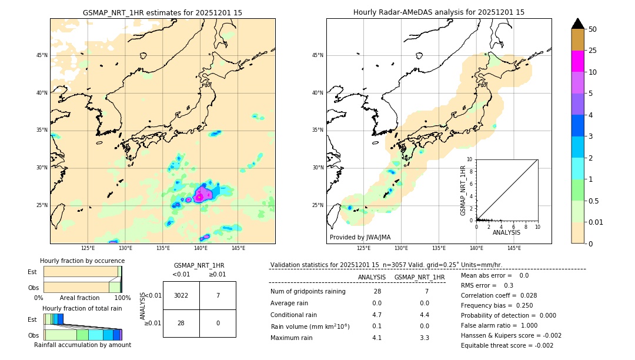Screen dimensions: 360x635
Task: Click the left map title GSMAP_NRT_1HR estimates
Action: (x=162, y=12)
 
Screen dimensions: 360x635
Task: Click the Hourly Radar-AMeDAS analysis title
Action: (x=439, y=12)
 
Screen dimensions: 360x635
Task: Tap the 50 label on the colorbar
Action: (x=593, y=29)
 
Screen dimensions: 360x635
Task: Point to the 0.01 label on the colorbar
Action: (x=595, y=222)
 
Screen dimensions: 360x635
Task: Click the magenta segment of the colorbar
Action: (x=577, y=61)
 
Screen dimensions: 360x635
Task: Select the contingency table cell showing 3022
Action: (x=181, y=295)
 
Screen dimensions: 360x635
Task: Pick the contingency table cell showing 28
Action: (x=181, y=323)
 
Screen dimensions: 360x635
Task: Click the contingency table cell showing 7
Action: (x=218, y=295)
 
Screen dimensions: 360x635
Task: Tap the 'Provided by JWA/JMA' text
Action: (x=360, y=237)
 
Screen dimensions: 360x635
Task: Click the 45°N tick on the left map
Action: (x=42, y=55)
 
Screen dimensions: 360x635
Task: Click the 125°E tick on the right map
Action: (x=365, y=248)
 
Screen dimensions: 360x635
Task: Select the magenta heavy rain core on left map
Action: (x=201, y=195)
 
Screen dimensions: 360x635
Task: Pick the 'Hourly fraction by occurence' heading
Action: (x=82, y=261)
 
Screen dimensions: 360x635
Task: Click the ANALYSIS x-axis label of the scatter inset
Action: (x=506, y=233)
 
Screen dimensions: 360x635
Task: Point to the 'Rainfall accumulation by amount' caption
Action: (x=82, y=345)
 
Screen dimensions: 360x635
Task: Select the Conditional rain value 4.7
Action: (x=377, y=315)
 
